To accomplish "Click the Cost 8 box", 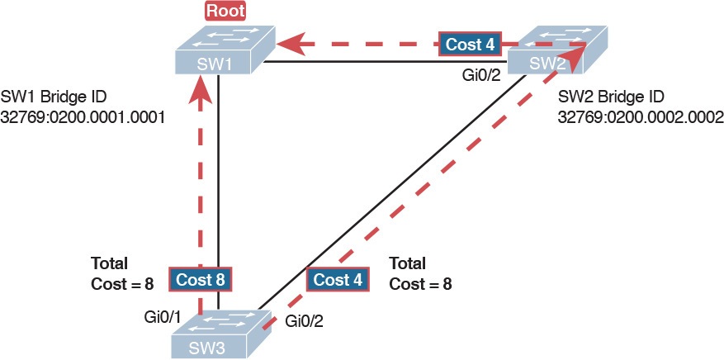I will [x=198, y=280].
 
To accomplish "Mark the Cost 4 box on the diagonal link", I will [x=338, y=280].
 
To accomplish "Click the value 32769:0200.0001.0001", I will [x=84, y=117].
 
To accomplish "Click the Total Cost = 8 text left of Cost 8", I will [x=121, y=273].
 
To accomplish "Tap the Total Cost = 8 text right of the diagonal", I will [x=419, y=273].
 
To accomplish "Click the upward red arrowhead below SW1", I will [x=198, y=93].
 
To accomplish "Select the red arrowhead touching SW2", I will [x=580, y=51].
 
